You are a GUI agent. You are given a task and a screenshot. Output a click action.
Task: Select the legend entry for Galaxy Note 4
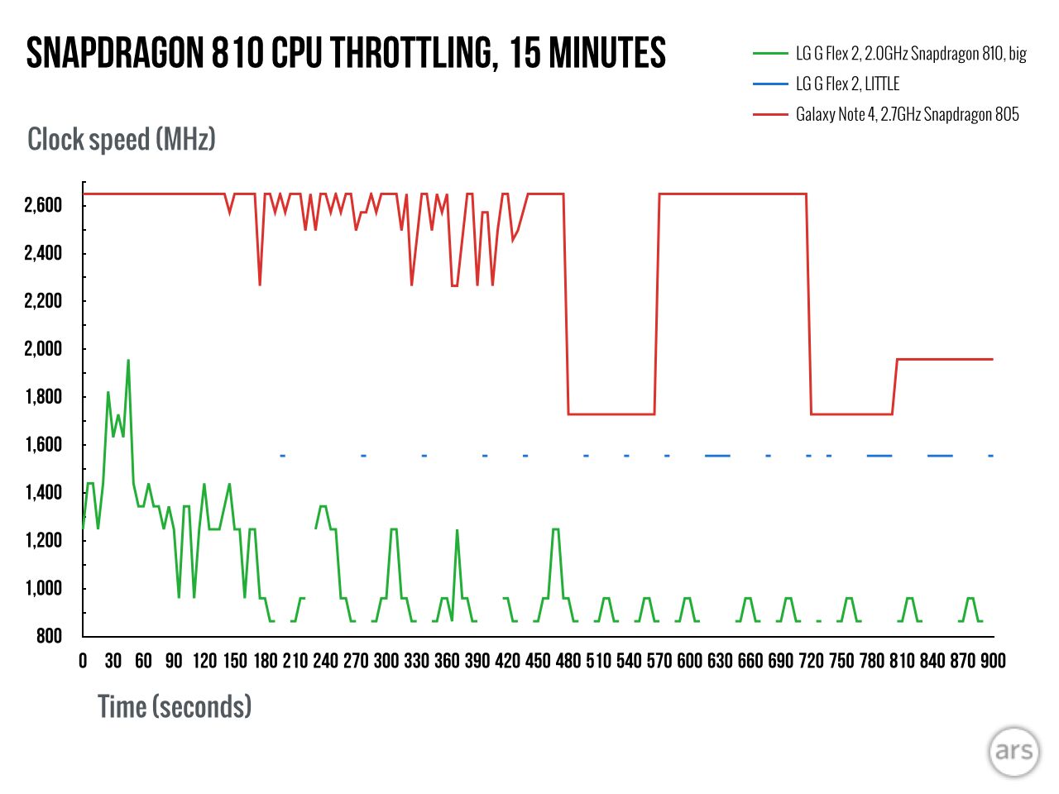tap(907, 114)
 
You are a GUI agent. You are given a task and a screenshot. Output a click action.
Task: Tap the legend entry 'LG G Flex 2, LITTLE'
tap(847, 84)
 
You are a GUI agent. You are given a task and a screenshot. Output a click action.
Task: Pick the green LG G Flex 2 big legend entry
tap(910, 54)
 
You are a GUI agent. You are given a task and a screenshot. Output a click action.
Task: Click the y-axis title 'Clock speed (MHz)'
tap(122, 139)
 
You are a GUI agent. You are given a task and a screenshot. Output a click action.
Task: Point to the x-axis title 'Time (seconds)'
tap(175, 706)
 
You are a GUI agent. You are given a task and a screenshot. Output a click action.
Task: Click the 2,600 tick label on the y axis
tap(43, 205)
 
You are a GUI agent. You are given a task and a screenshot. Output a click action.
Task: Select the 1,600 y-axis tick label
tap(43, 445)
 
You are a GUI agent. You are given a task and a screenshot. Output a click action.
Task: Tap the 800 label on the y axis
tap(49, 636)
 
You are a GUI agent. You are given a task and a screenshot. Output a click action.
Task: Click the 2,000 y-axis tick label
tap(43, 349)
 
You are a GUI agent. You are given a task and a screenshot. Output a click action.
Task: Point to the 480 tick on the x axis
tap(568, 661)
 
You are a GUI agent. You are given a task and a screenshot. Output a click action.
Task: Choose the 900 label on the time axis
tap(993, 661)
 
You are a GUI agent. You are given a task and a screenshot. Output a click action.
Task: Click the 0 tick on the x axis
tap(83, 661)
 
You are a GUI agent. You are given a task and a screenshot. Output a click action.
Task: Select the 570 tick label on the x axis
tap(659, 661)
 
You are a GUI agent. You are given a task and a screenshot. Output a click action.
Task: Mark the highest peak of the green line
tap(128, 361)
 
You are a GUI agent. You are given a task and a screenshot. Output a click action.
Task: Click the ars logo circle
tap(1013, 751)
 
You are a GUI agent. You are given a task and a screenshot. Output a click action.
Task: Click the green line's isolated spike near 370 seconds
tap(457, 531)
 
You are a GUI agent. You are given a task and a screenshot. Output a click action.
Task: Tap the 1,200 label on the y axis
tap(43, 541)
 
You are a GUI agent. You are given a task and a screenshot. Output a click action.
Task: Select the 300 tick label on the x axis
tap(386, 661)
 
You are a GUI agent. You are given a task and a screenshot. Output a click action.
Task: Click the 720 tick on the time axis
tap(811, 661)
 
